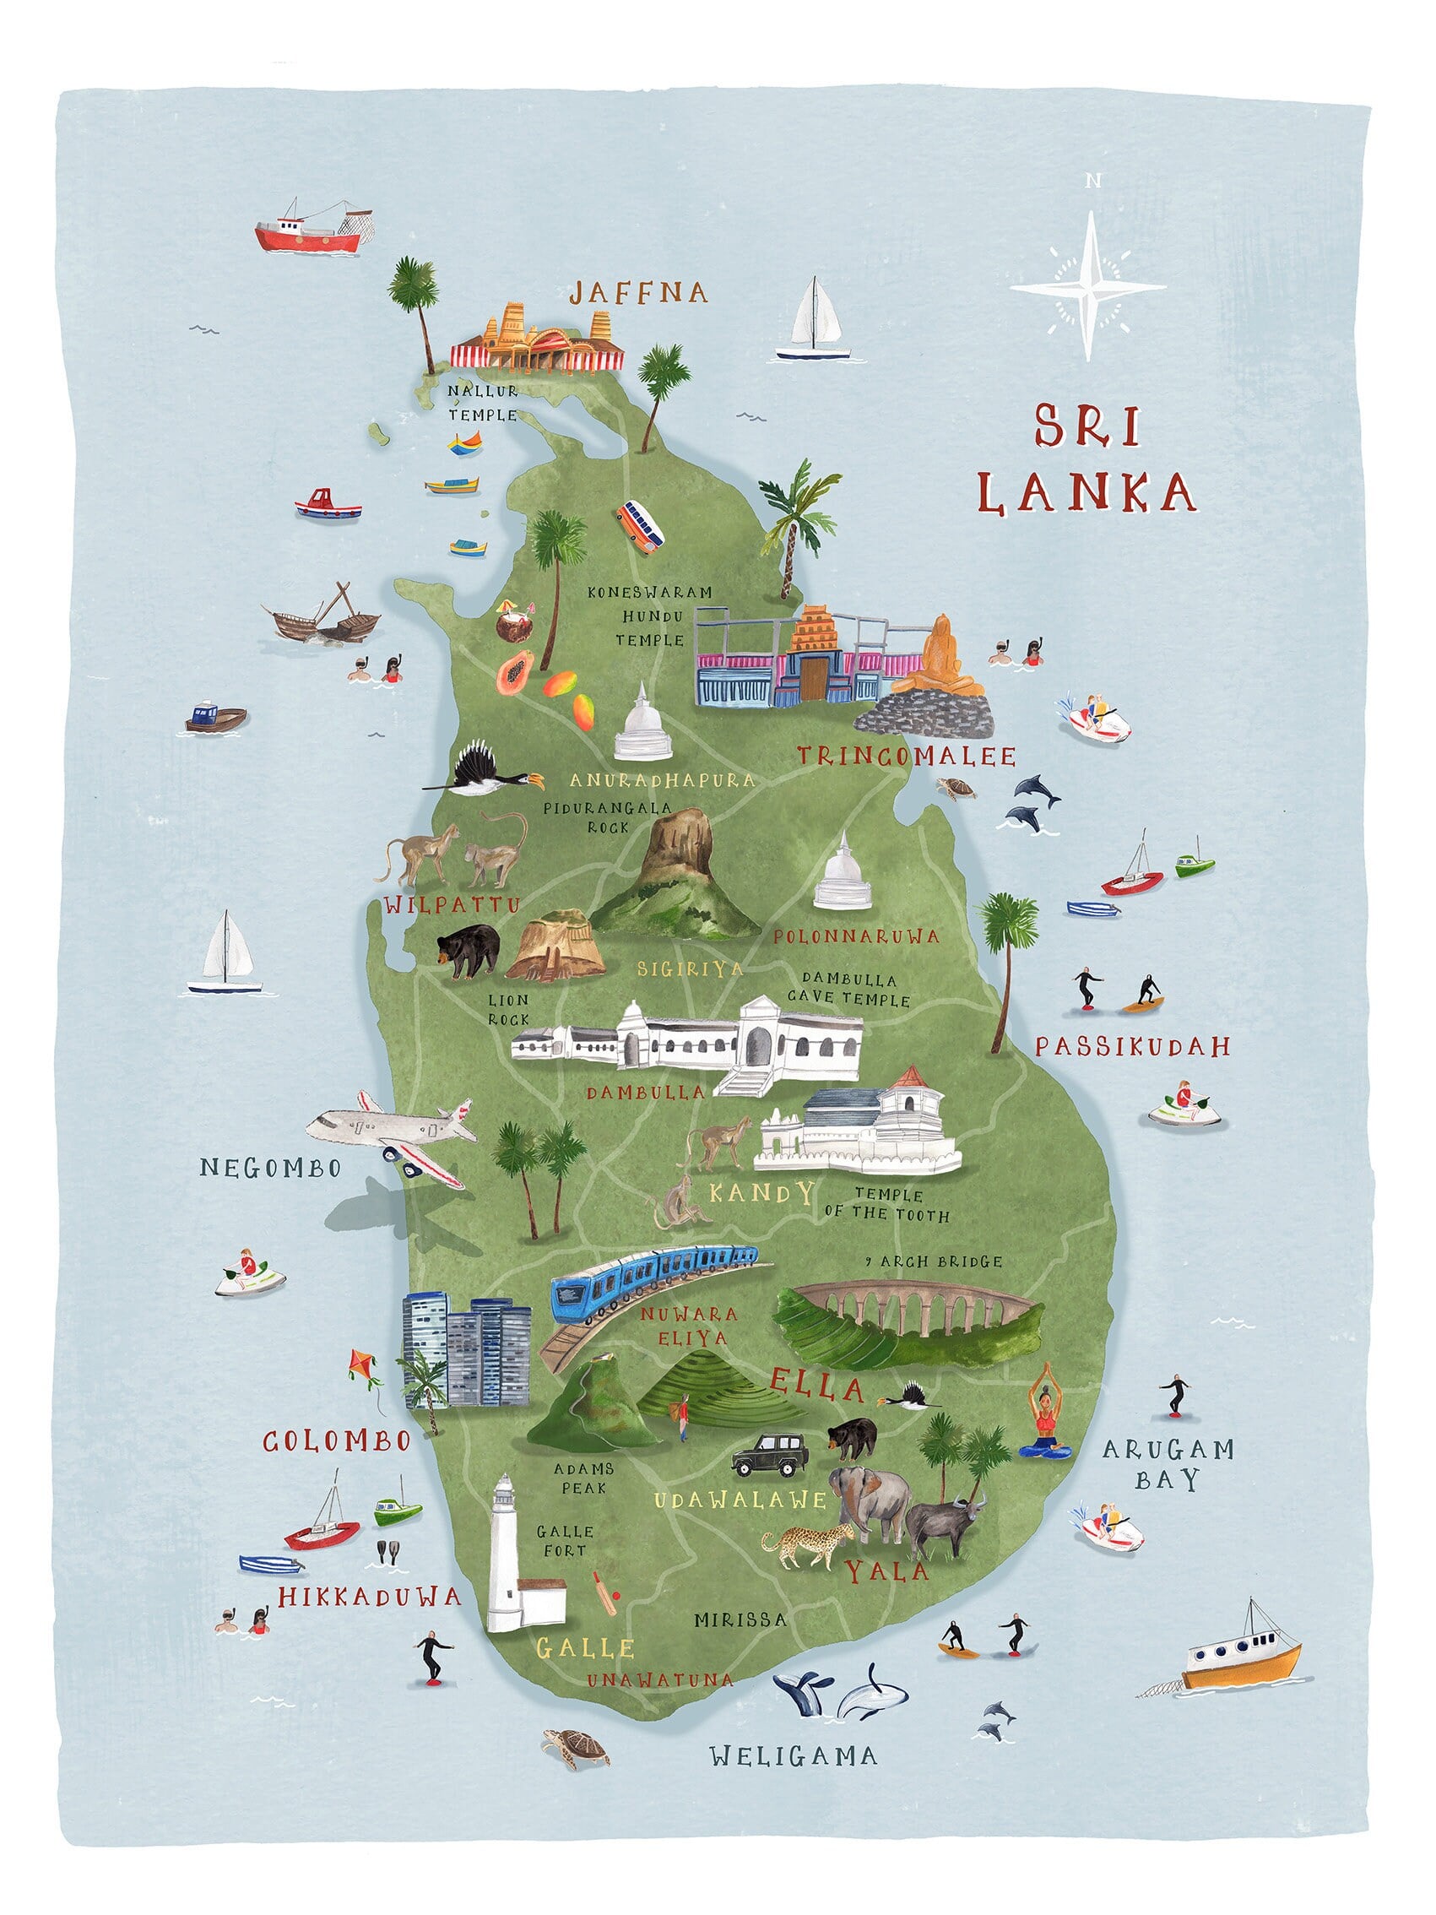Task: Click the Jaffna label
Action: tap(638, 293)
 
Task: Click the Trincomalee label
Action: tap(905, 757)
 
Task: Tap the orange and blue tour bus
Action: tap(641, 524)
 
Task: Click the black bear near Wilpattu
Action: tap(469, 949)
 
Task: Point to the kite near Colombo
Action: tap(363, 1365)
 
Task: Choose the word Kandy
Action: tap(761, 1193)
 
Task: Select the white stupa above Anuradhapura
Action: tap(642, 726)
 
